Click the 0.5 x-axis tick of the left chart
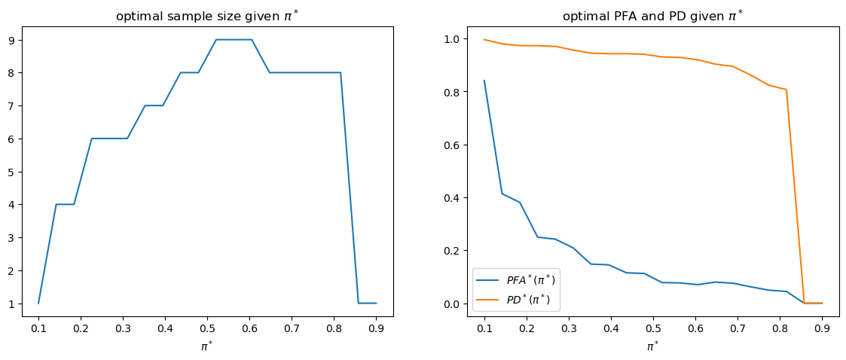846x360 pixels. click(207, 328)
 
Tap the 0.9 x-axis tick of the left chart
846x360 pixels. click(376, 328)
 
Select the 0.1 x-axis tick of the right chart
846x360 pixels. click(484, 328)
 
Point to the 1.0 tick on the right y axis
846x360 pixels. click(453, 38)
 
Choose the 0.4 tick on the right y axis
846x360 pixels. click(453, 198)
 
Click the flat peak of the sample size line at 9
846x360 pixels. click(234, 39)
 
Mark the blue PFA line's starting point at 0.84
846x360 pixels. click(484, 81)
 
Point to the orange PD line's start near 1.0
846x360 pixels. click(484, 39)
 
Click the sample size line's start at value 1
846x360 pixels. click(38, 303)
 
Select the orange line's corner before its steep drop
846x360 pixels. click(786, 90)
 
